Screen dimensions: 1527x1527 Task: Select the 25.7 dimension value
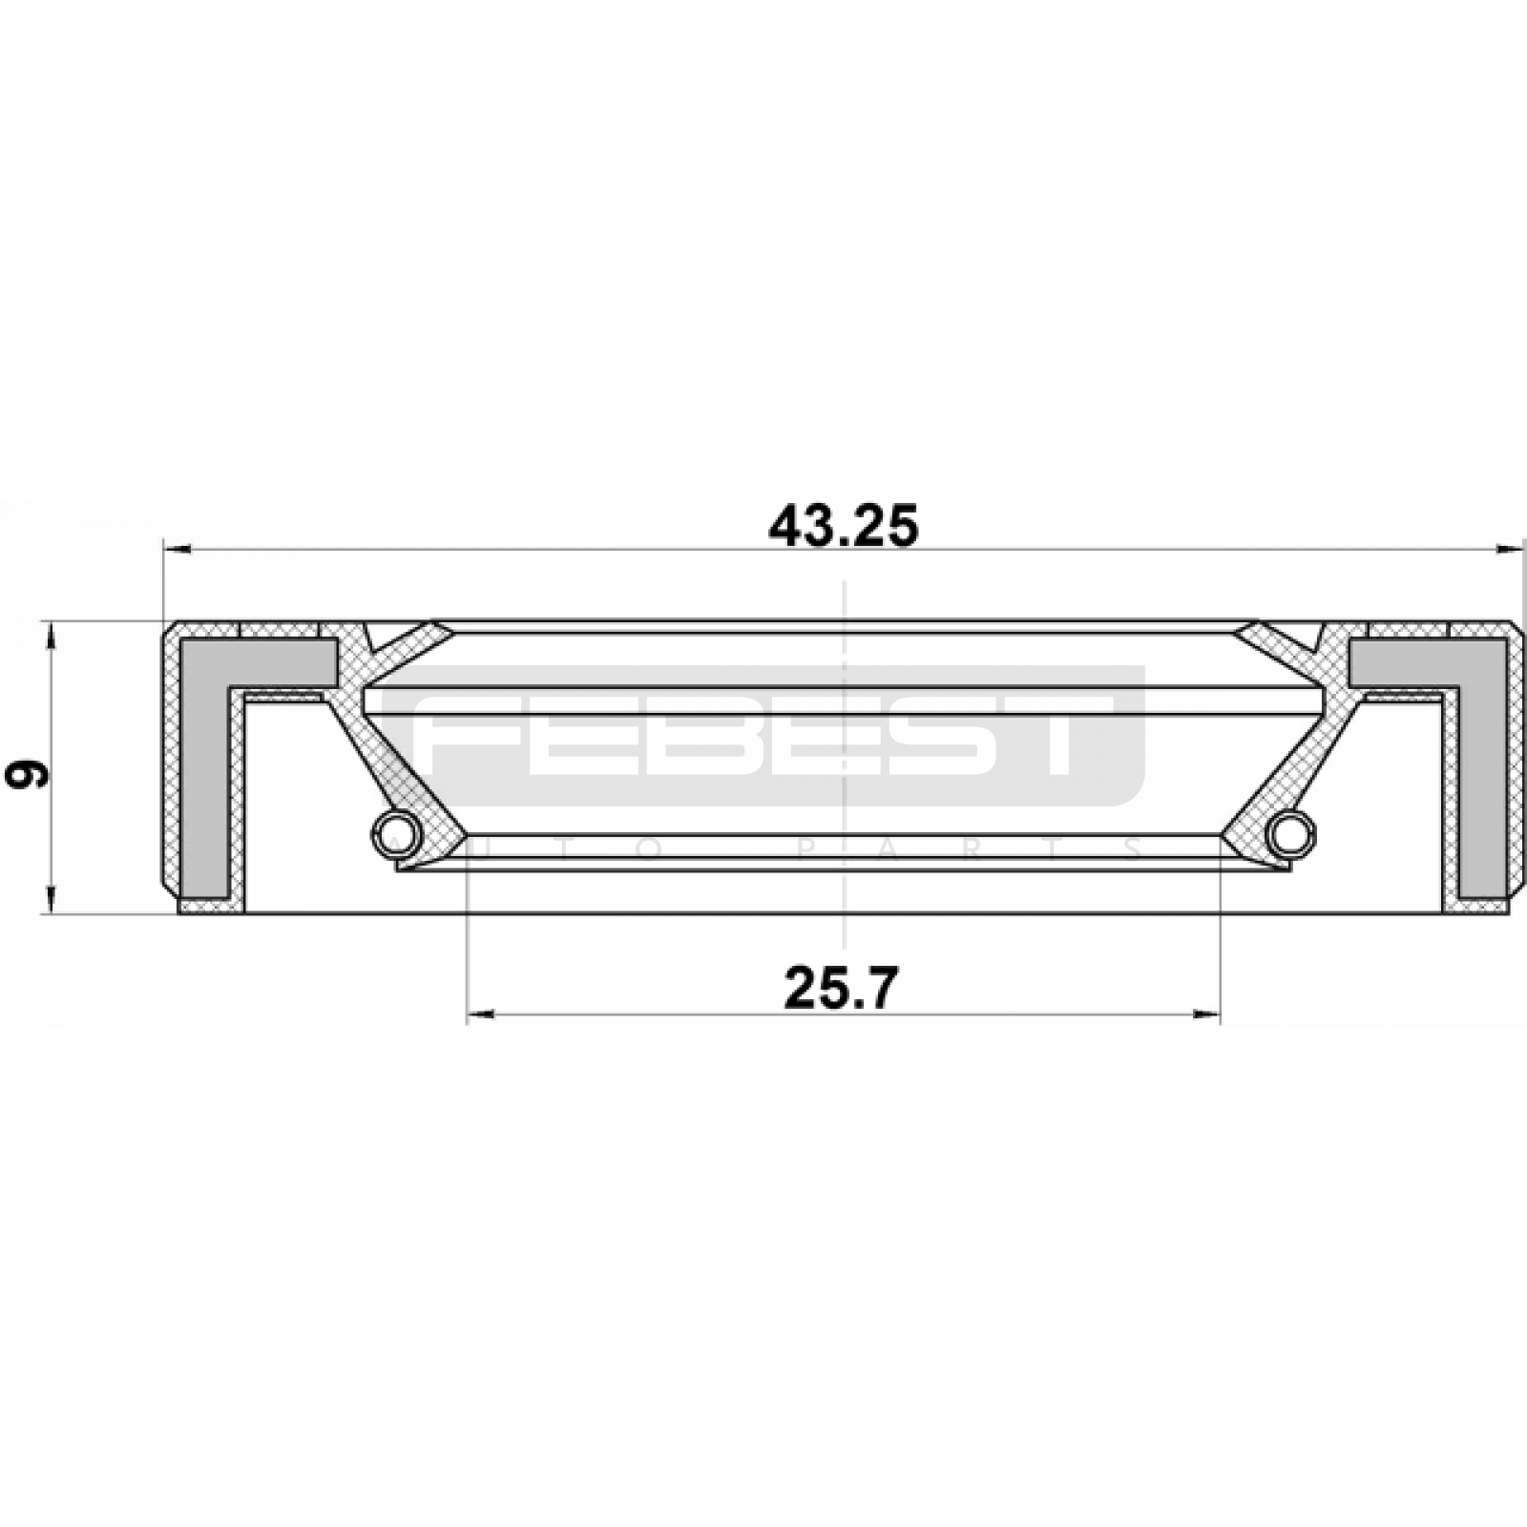841,988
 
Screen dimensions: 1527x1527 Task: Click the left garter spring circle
396,832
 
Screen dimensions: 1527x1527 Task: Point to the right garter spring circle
1290,832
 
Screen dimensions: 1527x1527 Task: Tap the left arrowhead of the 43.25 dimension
178,549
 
